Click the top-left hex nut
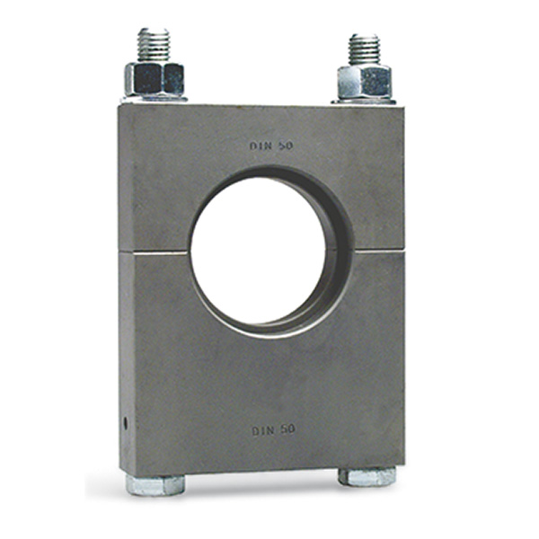coord(155,80)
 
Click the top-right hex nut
coord(365,82)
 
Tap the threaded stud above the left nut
coord(154,46)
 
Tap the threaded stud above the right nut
coord(365,49)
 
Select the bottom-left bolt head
coord(155,485)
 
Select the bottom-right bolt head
coord(367,476)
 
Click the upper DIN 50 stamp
coord(271,146)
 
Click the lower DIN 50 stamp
coord(274,430)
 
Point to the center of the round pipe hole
coord(259,252)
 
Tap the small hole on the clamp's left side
coord(125,423)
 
